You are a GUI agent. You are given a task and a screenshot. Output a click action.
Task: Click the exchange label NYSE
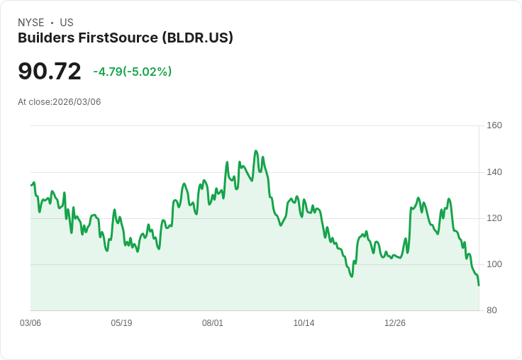point(30,23)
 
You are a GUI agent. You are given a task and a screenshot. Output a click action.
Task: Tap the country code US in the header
point(67,23)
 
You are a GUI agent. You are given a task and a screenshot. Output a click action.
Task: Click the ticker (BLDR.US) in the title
point(198,38)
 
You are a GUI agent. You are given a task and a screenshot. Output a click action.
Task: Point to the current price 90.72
point(50,72)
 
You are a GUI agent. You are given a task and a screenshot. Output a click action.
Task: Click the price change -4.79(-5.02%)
point(133,72)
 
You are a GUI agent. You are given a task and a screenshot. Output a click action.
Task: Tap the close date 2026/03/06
point(77,102)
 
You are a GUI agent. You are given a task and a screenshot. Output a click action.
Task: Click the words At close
point(34,102)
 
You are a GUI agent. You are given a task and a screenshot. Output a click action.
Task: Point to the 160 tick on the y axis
point(494,125)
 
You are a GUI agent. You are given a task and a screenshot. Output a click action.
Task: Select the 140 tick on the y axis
point(494,172)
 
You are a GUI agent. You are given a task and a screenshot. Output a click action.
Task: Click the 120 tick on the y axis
point(494,218)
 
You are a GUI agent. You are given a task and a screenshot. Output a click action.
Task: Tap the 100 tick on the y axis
point(494,264)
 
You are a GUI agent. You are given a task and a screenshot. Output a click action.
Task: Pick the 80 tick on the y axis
point(492,310)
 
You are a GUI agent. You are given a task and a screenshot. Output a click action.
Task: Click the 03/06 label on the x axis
point(30,323)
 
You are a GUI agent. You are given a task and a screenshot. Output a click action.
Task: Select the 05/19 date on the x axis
point(121,323)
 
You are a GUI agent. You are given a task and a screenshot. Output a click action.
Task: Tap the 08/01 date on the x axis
point(213,323)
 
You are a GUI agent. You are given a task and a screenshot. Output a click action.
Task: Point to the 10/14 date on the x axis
point(304,323)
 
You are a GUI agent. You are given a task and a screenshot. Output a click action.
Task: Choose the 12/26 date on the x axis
point(395,323)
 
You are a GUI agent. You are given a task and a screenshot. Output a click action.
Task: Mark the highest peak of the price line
point(256,151)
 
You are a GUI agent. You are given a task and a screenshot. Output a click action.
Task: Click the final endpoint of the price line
point(479,286)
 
